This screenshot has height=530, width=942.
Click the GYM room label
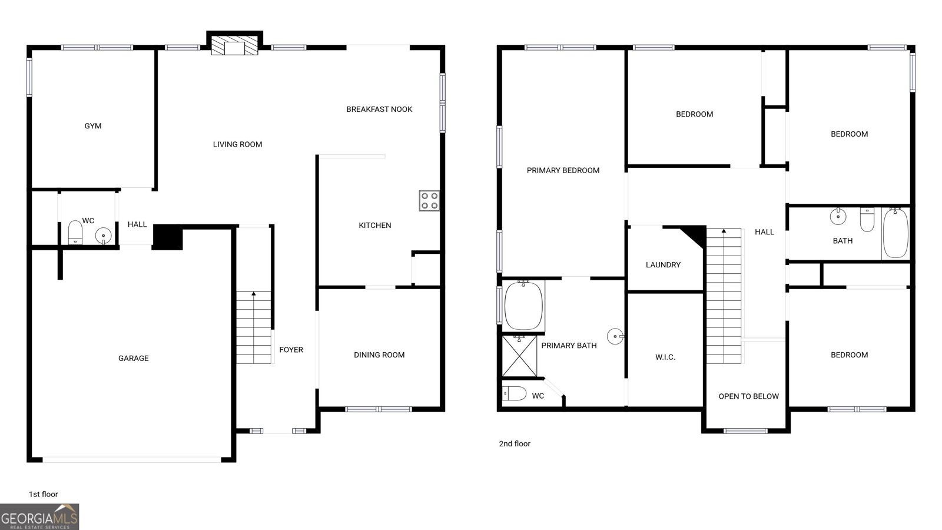pos(93,126)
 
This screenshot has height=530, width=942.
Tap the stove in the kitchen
pos(429,200)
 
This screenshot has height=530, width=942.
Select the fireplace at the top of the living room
pos(235,46)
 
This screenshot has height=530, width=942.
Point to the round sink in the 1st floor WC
pos(103,236)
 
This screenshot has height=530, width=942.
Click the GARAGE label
pos(134,358)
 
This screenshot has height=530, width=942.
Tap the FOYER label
pos(291,350)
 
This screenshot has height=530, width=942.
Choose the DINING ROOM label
pos(379,355)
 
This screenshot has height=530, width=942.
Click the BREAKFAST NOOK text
pos(379,109)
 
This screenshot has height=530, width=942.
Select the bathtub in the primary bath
pos(523,306)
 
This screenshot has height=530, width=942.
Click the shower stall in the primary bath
pos(519,355)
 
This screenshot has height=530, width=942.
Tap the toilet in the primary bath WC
pos(514,393)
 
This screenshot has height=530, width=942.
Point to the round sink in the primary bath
pos(615,337)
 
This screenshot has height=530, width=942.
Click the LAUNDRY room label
pos(663,265)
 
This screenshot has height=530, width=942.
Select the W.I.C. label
pos(665,357)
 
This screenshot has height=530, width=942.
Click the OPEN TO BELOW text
pos(748,396)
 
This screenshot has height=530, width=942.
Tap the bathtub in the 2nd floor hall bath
pos(895,233)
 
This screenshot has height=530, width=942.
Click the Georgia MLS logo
pos(39,517)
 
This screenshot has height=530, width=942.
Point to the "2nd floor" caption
pos(515,443)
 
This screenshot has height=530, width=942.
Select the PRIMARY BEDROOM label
pos(563,170)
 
